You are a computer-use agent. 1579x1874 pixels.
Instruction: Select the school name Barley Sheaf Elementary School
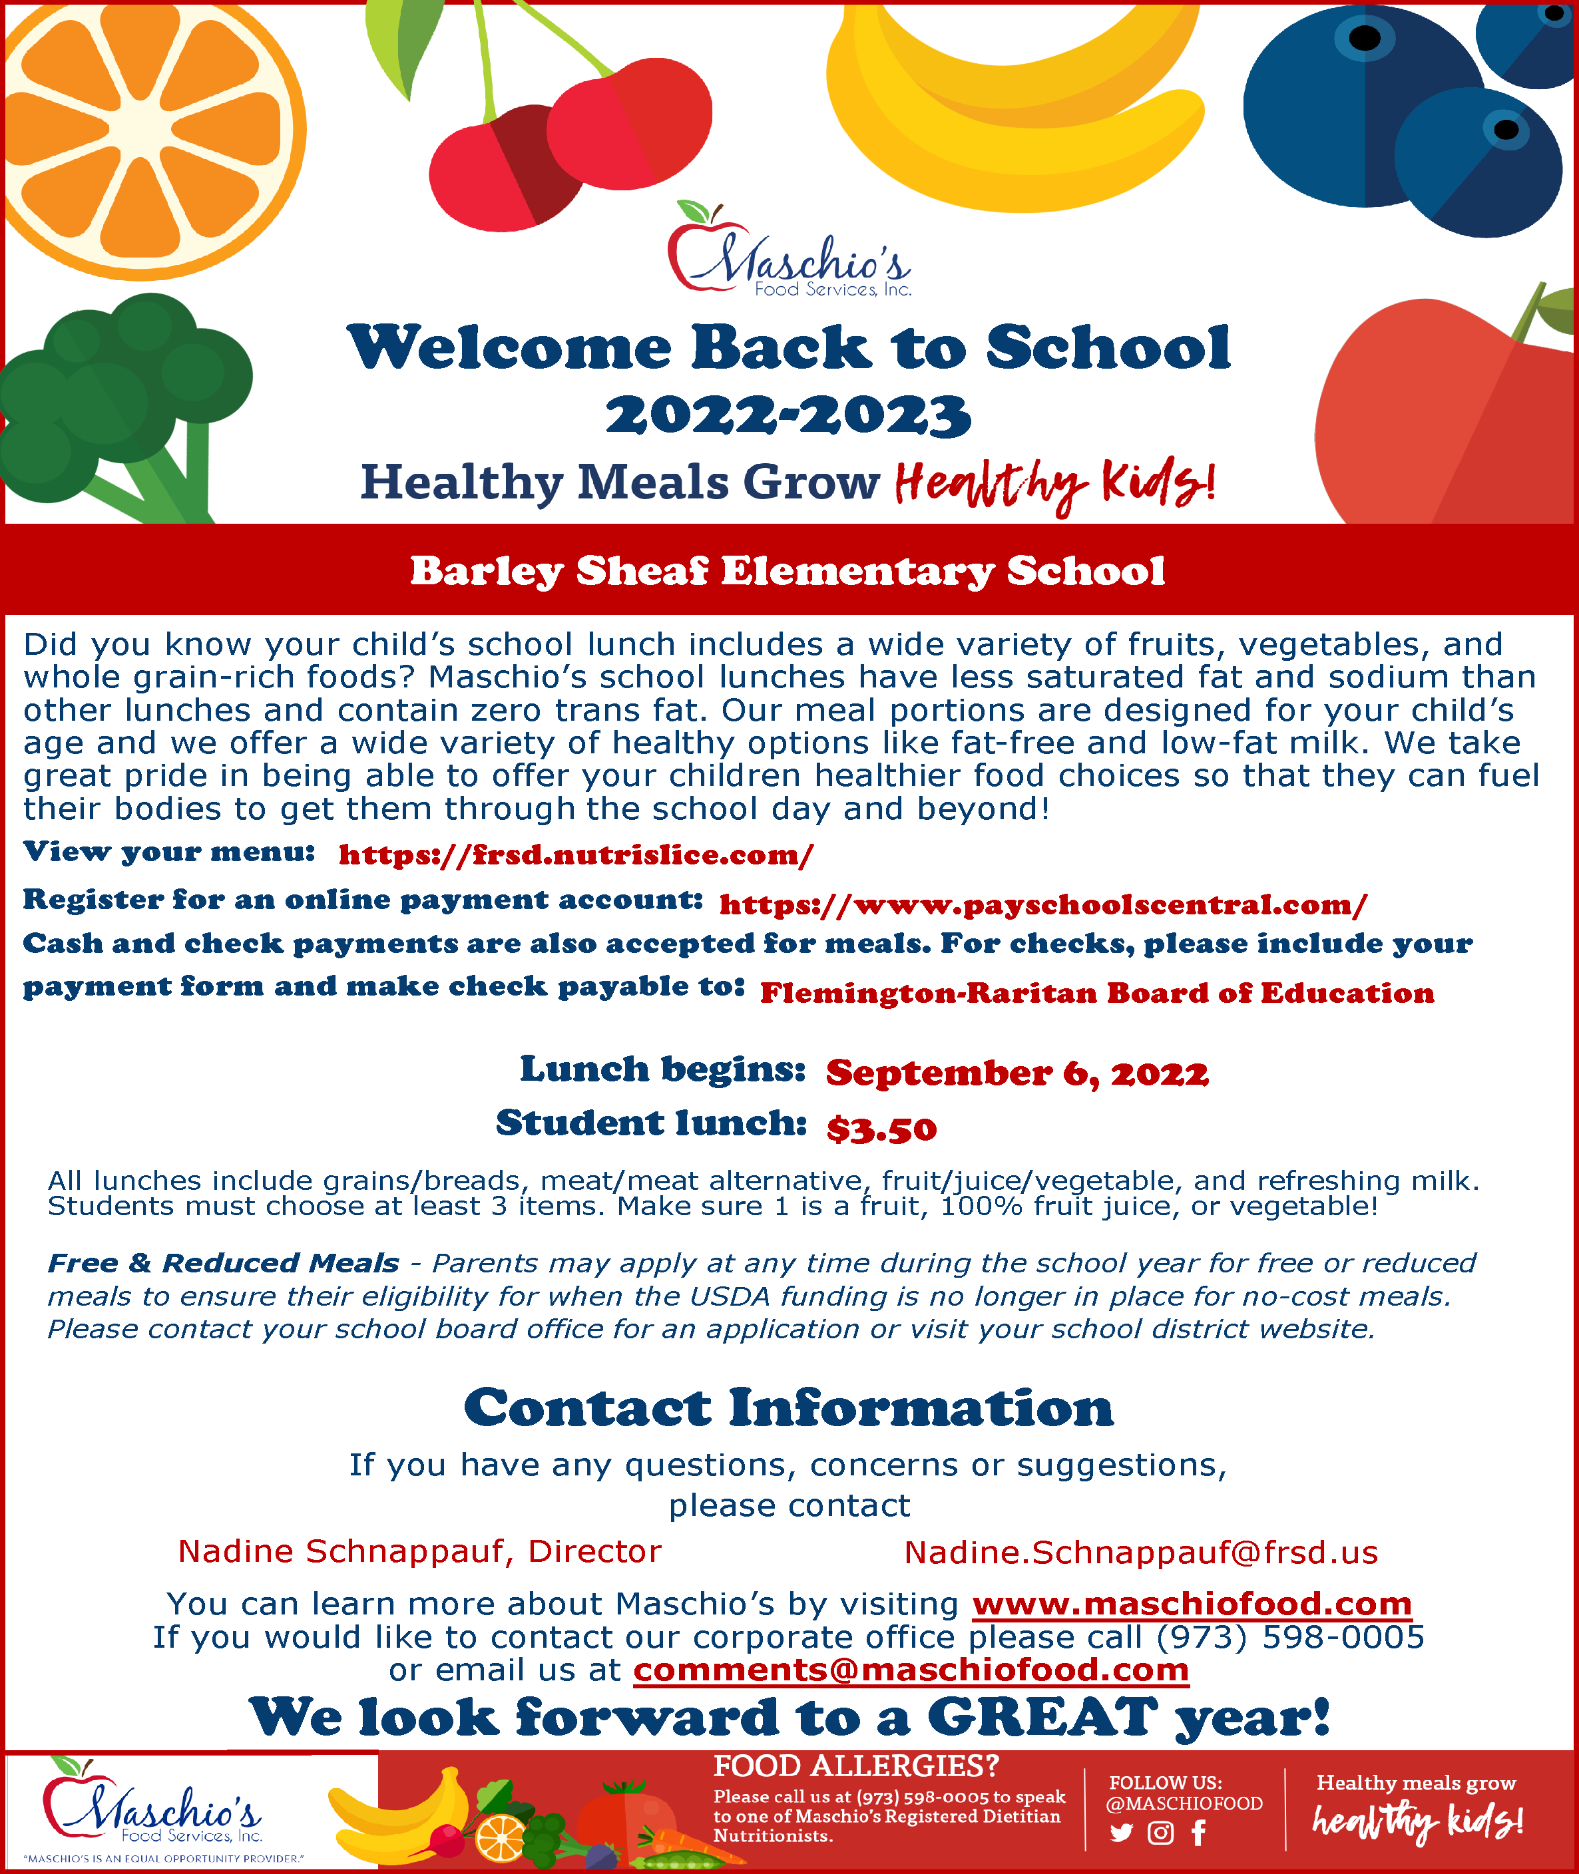point(788,571)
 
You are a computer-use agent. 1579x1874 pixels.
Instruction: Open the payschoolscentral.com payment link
point(1043,905)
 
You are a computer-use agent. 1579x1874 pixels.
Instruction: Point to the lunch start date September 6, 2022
point(1017,1072)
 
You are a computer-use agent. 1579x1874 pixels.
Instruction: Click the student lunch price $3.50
point(882,1129)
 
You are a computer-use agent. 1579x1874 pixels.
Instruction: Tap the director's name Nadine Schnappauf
point(345,1552)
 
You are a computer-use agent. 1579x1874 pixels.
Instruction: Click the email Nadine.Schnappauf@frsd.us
point(1141,1553)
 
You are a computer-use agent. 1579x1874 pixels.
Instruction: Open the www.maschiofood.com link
point(1192,1604)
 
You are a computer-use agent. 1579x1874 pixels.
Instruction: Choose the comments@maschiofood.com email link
point(911,1670)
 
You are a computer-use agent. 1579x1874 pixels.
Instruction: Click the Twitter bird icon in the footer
point(1121,1833)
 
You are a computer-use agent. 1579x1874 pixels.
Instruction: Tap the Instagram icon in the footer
point(1160,1833)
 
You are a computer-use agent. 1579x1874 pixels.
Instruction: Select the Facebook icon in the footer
point(1199,1833)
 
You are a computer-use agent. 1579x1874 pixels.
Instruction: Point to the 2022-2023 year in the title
point(788,416)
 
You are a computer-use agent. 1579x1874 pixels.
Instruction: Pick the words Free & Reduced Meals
point(223,1263)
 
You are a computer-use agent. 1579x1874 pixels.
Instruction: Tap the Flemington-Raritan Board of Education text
point(1096,994)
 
